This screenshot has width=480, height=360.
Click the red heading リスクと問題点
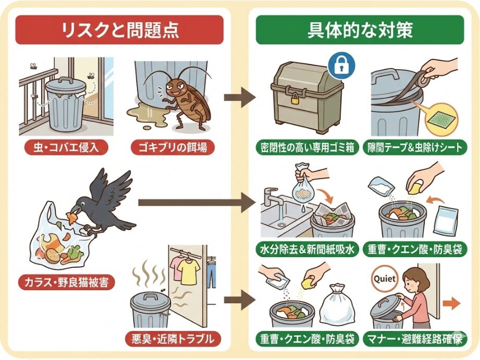119,30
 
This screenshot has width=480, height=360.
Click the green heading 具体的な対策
360,30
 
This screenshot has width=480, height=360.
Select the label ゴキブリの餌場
172,147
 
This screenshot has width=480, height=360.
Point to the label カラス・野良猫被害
67,283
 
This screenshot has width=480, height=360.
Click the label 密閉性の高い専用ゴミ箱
307,147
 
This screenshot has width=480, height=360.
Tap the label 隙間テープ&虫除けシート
415,147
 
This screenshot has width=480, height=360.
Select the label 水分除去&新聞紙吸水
307,250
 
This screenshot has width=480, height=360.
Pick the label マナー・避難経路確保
416,340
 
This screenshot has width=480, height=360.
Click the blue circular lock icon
341,65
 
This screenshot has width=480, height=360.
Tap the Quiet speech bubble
385,279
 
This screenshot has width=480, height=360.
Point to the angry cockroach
185,99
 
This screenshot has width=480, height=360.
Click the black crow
104,201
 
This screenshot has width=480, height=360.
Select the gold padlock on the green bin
294,97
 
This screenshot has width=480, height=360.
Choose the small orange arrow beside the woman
452,303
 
